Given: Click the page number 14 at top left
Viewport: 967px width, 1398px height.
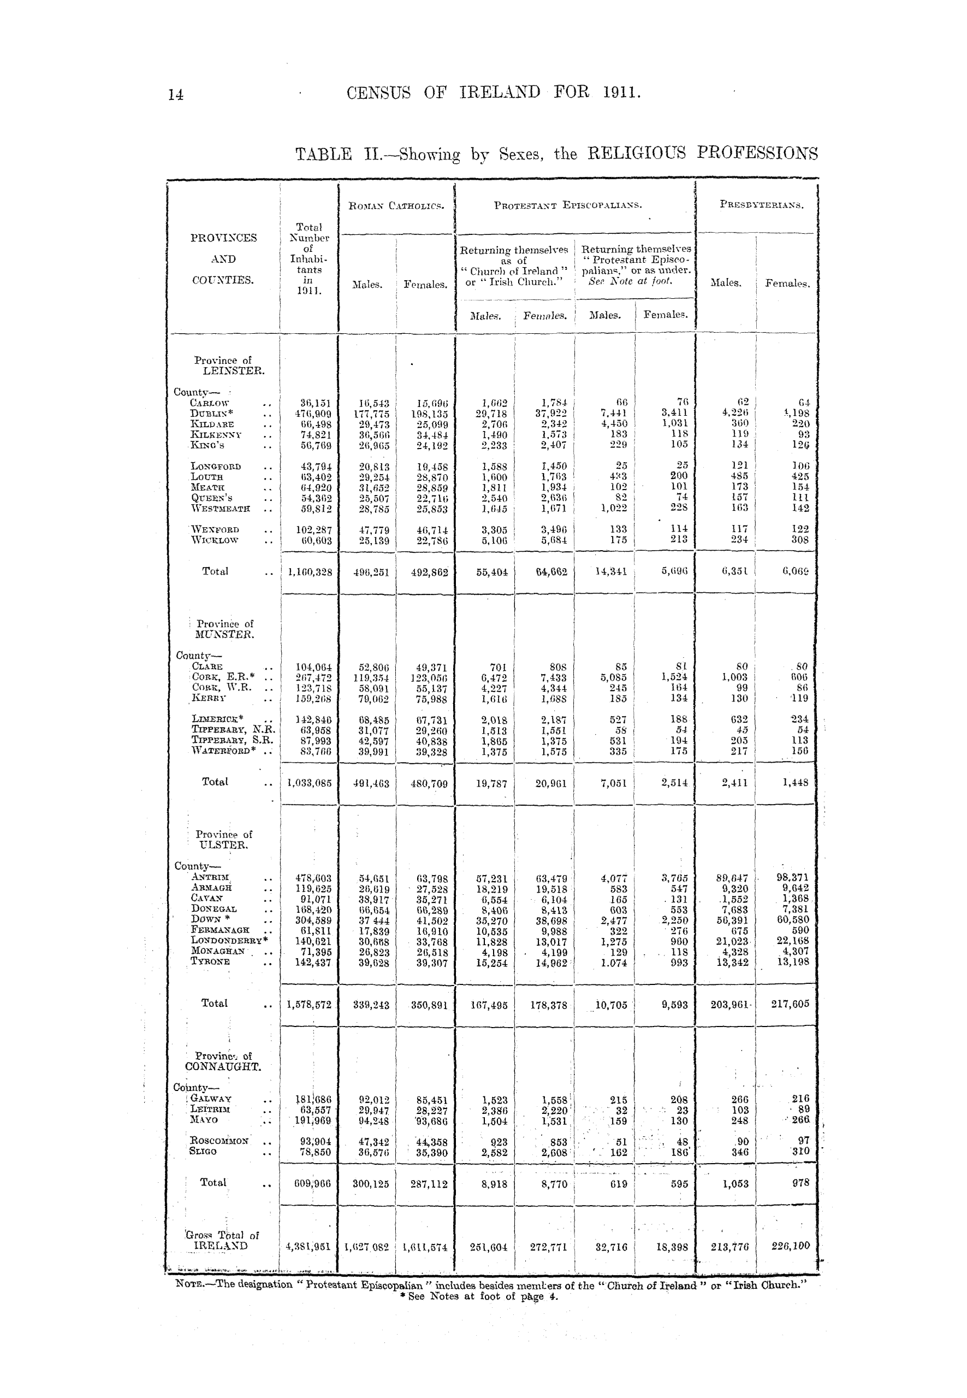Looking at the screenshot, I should pos(176,95).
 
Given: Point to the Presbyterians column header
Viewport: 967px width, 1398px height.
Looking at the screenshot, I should pos(762,205).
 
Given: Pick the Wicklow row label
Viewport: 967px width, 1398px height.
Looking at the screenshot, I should pos(214,540).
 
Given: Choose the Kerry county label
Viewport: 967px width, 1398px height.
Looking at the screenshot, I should pos(209,698).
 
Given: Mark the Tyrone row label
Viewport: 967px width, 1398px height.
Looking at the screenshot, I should pos(210,962).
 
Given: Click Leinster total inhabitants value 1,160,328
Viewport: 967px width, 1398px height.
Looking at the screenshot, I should pos(309,571).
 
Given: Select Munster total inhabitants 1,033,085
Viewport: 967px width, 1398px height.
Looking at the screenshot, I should pos(309,783).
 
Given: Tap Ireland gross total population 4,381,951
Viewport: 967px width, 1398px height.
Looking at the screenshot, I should pos(309,1247).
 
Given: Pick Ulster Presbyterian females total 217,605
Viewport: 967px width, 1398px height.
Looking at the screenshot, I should pos(786,1004).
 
